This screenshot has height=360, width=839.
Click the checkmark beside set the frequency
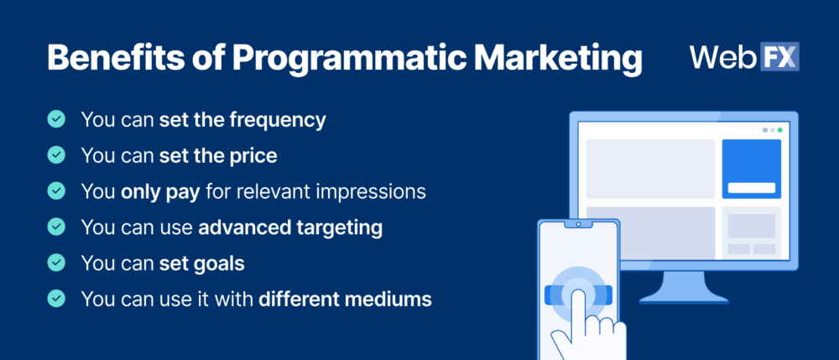pyautogui.click(x=56, y=120)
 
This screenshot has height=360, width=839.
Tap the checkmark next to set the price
pyautogui.click(x=56, y=155)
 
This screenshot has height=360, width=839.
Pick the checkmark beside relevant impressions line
pyautogui.click(x=56, y=191)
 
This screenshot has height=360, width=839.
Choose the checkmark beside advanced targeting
pyautogui.click(x=56, y=227)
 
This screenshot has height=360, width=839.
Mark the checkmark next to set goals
pyautogui.click(x=56, y=263)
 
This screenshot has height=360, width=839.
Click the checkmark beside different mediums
pyautogui.click(x=56, y=298)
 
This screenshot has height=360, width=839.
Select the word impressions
pyautogui.click(x=372, y=191)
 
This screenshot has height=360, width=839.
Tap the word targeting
pyautogui.click(x=341, y=227)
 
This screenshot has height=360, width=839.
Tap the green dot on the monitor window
pyautogui.click(x=779, y=130)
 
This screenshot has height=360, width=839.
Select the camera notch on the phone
pyautogui.click(x=577, y=224)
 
